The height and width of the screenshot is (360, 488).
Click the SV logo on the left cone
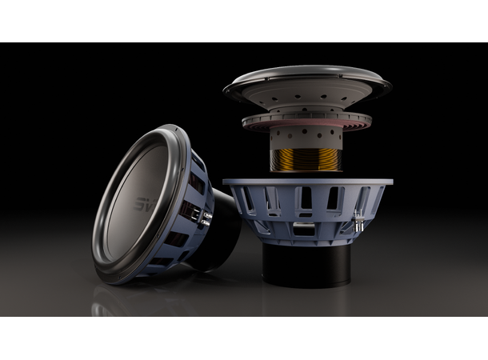[142, 203]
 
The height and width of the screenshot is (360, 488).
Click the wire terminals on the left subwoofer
[201, 217]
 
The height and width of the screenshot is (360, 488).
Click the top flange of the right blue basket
[308, 184]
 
